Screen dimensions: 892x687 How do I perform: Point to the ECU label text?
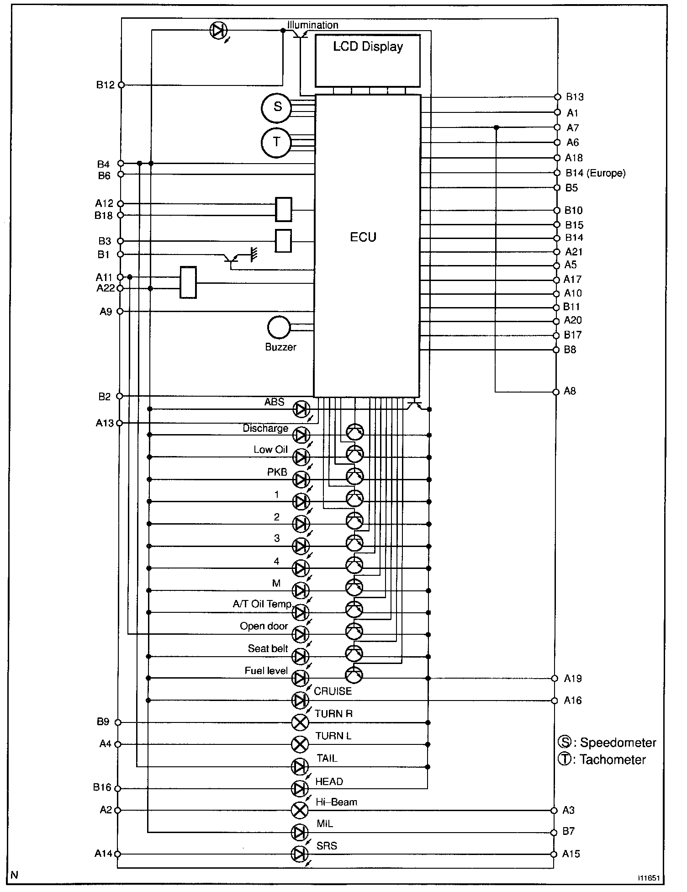pyautogui.click(x=363, y=237)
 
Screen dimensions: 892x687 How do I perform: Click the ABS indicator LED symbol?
pyautogui.click(x=301, y=409)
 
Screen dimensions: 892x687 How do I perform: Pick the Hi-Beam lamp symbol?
pyautogui.click(x=300, y=810)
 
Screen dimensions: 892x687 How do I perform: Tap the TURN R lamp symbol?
pyautogui.click(x=300, y=722)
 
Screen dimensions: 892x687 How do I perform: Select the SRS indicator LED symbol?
pyautogui.click(x=300, y=854)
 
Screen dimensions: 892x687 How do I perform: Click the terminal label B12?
pyautogui.click(x=105, y=85)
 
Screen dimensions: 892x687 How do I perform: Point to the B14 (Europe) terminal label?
pyautogui.click(x=595, y=173)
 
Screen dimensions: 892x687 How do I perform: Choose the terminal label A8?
pyautogui.click(x=570, y=391)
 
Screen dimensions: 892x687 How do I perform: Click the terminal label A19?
pyautogui.click(x=573, y=679)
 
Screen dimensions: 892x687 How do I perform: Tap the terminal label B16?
pyautogui.click(x=102, y=787)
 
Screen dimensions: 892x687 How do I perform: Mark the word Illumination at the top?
pyautogui.click(x=313, y=25)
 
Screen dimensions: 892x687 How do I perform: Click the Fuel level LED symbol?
pyautogui.click(x=300, y=678)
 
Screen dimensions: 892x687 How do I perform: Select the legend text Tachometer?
pyautogui.click(x=613, y=759)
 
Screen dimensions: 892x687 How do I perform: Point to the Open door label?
pyautogui.click(x=264, y=626)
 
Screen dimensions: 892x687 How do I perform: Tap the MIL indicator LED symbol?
pyautogui.click(x=300, y=832)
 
